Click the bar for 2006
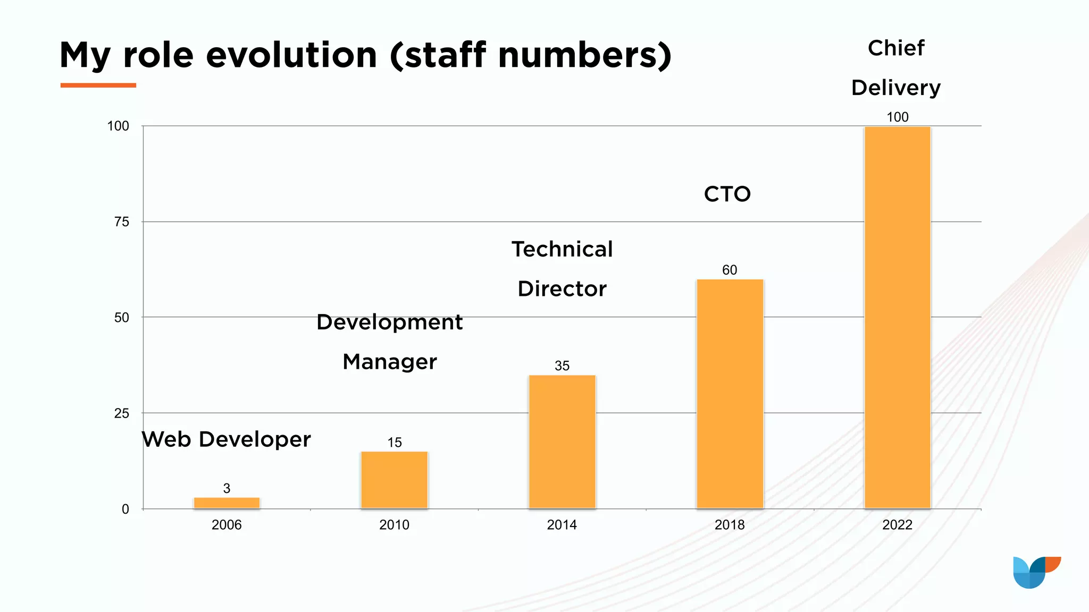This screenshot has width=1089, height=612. (227, 503)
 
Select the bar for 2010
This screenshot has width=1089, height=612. (394, 480)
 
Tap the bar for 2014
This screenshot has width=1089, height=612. (562, 441)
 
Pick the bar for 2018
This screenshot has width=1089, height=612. (730, 394)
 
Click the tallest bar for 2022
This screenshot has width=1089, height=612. (897, 317)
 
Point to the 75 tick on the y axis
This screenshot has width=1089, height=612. (122, 222)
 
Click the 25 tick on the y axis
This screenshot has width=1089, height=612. (122, 413)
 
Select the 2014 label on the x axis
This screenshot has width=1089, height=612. (562, 525)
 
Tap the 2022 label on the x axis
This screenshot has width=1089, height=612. (897, 525)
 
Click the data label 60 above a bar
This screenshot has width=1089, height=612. (730, 270)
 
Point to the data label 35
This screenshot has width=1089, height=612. (562, 365)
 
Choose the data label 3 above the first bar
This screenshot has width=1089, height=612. (227, 488)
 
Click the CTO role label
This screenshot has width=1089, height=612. (727, 194)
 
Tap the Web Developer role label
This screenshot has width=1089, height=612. (227, 439)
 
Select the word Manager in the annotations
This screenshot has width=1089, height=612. (389, 362)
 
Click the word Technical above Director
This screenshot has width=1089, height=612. (562, 249)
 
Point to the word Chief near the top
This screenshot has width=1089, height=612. (896, 48)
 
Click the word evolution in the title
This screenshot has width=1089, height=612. (291, 55)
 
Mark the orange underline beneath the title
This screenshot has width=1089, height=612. (98, 85)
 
